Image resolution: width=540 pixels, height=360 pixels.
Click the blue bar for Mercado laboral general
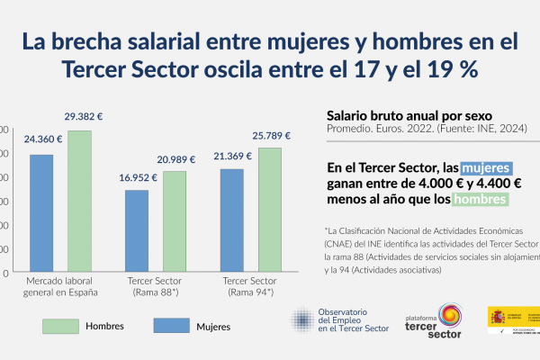point(40,213)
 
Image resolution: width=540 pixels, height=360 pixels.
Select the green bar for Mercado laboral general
point(79,201)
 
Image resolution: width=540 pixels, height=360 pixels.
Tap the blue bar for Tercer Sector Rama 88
point(137,231)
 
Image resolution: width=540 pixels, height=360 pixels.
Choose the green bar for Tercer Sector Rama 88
point(175,221)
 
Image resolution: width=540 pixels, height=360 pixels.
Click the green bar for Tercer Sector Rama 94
point(270,210)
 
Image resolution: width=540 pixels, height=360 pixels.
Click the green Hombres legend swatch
point(62,324)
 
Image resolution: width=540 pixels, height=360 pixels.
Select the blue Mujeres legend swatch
point(163,324)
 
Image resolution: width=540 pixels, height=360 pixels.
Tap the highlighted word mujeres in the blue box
point(486,168)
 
